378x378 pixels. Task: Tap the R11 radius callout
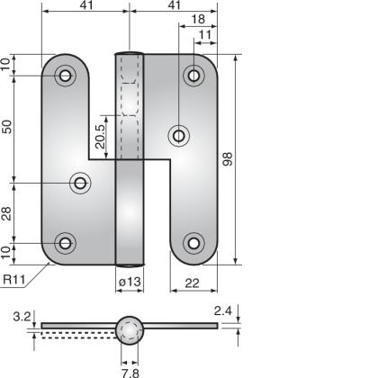pyautogui.click(x=13, y=281)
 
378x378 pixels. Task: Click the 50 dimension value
pyautogui.click(x=8, y=128)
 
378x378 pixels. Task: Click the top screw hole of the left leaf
pyautogui.click(x=65, y=76)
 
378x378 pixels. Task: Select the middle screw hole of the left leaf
pyautogui.click(x=81, y=184)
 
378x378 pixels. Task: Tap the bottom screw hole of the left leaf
pyautogui.click(x=65, y=242)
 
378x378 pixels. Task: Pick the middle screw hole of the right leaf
pyautogui.click(x=178, y=136)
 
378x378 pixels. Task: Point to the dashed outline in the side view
pyautogui.click(x=76, y=332)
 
